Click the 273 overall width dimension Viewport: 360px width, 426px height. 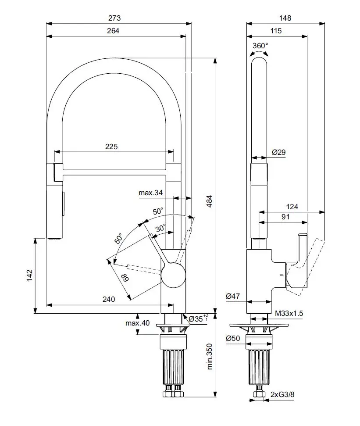click(x=114, y=18)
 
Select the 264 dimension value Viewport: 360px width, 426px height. click(x=113, y=31)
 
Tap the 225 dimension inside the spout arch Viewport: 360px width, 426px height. click(x=111, y=147)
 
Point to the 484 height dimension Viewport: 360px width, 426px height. click(x=209, y=201)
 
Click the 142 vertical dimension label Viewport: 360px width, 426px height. click(x=29, y=276)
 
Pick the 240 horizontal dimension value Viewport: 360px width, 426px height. click(x=109, y=299)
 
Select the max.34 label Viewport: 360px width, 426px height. click(x=151, y=193)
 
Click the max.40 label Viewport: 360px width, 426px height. click(x=137, y=323)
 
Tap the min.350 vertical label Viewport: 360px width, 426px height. click(x=209, y=356)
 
